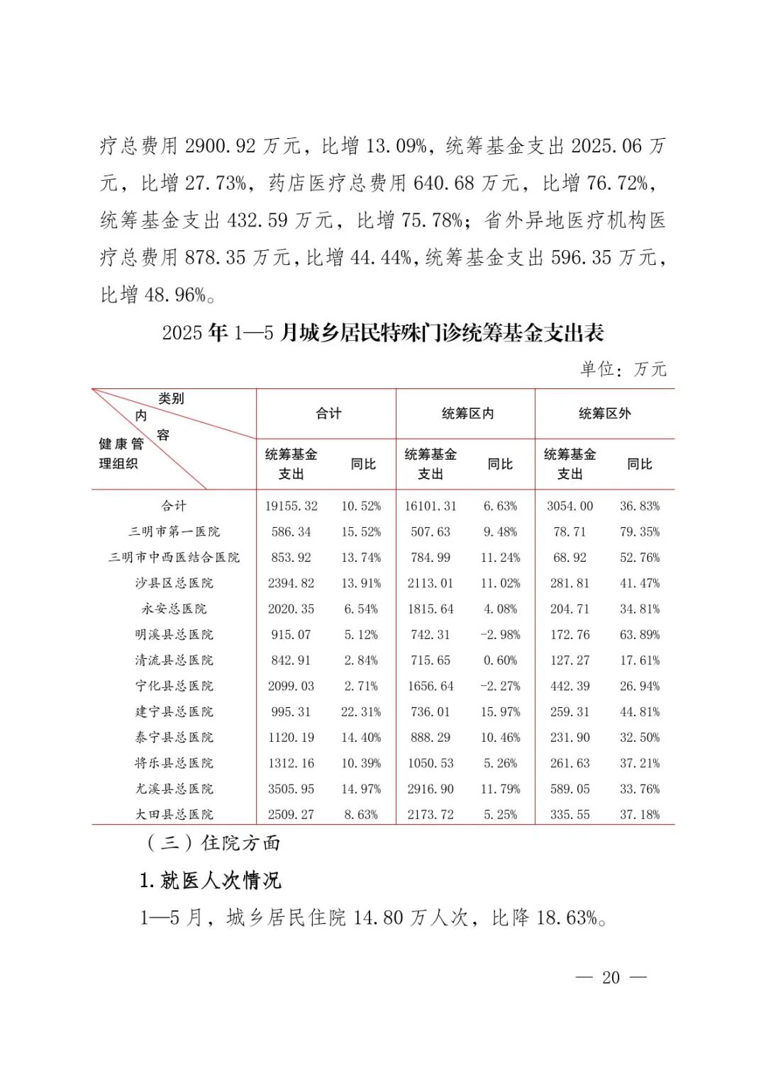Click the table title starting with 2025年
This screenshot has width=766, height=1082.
(383, 332)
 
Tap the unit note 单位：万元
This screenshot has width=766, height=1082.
(623, 369)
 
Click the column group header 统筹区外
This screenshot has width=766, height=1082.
(604, 414)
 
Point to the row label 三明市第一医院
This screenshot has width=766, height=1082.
(174, 531)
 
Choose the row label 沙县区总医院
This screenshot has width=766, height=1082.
(174, 583)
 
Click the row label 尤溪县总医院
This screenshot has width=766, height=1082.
(174, 789)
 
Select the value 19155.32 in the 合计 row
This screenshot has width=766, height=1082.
(292, 506)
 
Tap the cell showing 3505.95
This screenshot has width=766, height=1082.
(292, 789)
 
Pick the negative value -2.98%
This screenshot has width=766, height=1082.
(500, 635)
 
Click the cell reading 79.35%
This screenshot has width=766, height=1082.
(639, 531)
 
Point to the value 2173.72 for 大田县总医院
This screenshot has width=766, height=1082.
(431, 815)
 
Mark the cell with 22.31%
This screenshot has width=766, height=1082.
(361, 712)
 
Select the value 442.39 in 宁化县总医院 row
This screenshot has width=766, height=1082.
(570, 686)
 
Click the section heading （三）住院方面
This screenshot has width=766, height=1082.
(213, 843)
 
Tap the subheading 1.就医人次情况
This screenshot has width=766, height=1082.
(211, 881)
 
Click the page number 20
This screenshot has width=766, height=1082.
(611, 978)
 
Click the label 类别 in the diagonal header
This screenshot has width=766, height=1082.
(171, 399)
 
